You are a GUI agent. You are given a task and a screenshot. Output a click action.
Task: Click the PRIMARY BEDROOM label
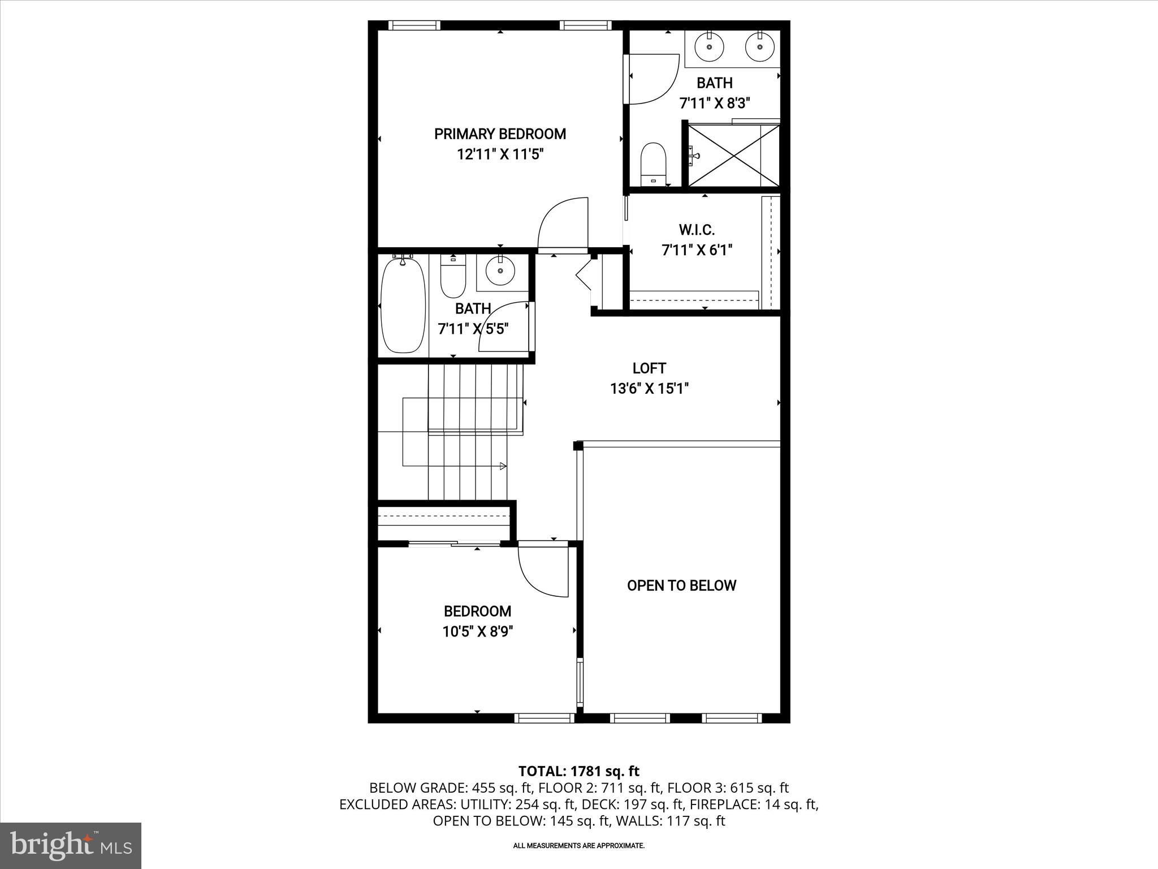[500, 134]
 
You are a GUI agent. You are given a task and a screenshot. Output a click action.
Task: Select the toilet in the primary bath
[654, 164]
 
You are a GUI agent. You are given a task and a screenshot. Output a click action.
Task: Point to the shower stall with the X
[733, 155]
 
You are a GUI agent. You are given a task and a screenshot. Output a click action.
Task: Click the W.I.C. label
[697, 230]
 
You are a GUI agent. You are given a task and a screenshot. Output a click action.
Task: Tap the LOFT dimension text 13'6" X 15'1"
[649, 389]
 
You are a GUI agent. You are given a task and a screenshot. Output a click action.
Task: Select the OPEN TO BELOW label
[681, 586]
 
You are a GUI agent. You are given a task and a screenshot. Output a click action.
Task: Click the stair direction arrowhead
[503, 466]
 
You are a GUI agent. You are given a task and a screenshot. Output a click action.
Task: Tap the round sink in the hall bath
[500, 270]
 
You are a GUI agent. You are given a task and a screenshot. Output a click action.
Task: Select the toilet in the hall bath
[452, 278]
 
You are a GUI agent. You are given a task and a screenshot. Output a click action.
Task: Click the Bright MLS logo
[71, 845]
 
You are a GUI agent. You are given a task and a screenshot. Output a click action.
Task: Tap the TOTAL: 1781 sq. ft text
[578, 771]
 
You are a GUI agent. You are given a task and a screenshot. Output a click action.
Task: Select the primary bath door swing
[653, 79]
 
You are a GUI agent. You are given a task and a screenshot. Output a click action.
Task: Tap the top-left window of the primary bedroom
[414, 25]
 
